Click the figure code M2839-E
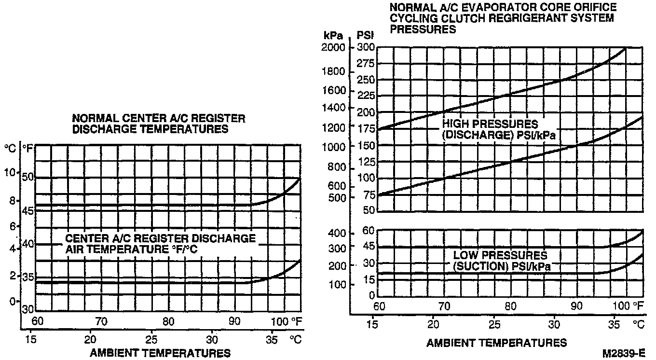click(624, 353)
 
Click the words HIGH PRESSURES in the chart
click(490, 125)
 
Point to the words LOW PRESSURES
click(500, 255)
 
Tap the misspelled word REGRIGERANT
click(523, 18)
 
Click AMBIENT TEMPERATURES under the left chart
click(160, 353)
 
